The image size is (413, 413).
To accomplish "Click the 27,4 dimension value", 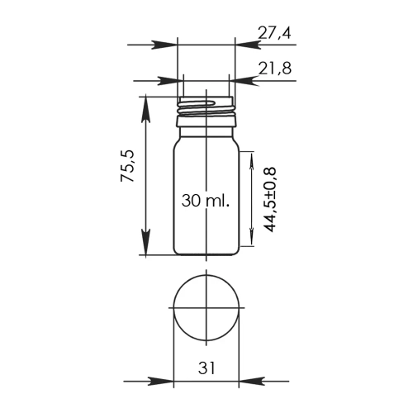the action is (x=274, y=33).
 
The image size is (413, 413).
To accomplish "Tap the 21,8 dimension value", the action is (x=275, y=68).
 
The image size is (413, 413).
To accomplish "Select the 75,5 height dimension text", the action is (x=127, y=166).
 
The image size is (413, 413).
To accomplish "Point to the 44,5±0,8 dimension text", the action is (x=268, y=200).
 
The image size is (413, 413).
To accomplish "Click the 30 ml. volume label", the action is (x=206, y=200).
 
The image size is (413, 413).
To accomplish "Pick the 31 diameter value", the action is (x=206, y=368).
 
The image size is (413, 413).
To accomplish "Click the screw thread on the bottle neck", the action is (x=206, y=108).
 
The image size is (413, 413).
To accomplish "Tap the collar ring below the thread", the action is (x=206, y=121).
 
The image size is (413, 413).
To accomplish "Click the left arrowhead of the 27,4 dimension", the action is (x=164, y=45).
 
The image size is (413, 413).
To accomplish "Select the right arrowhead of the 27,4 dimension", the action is (x=248, y=45).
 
